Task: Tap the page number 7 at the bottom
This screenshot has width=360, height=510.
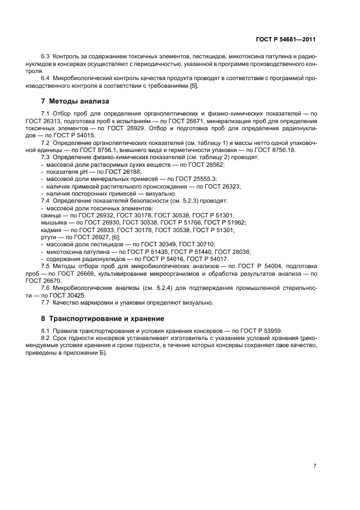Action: tap(315, 466)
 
